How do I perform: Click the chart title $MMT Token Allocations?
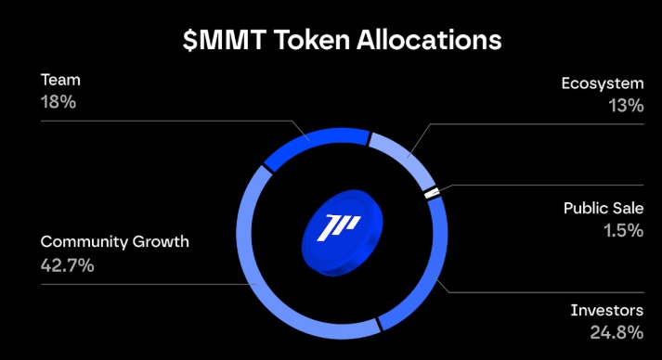tap(331, 41)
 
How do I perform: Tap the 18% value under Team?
tap(58, 101)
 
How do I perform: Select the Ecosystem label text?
tap(603, 84)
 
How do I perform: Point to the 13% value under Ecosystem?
tap(624, 105)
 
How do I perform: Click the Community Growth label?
tap(114, 242)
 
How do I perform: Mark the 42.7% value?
tap(67, 264)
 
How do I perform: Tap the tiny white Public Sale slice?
tap(431, 194)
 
